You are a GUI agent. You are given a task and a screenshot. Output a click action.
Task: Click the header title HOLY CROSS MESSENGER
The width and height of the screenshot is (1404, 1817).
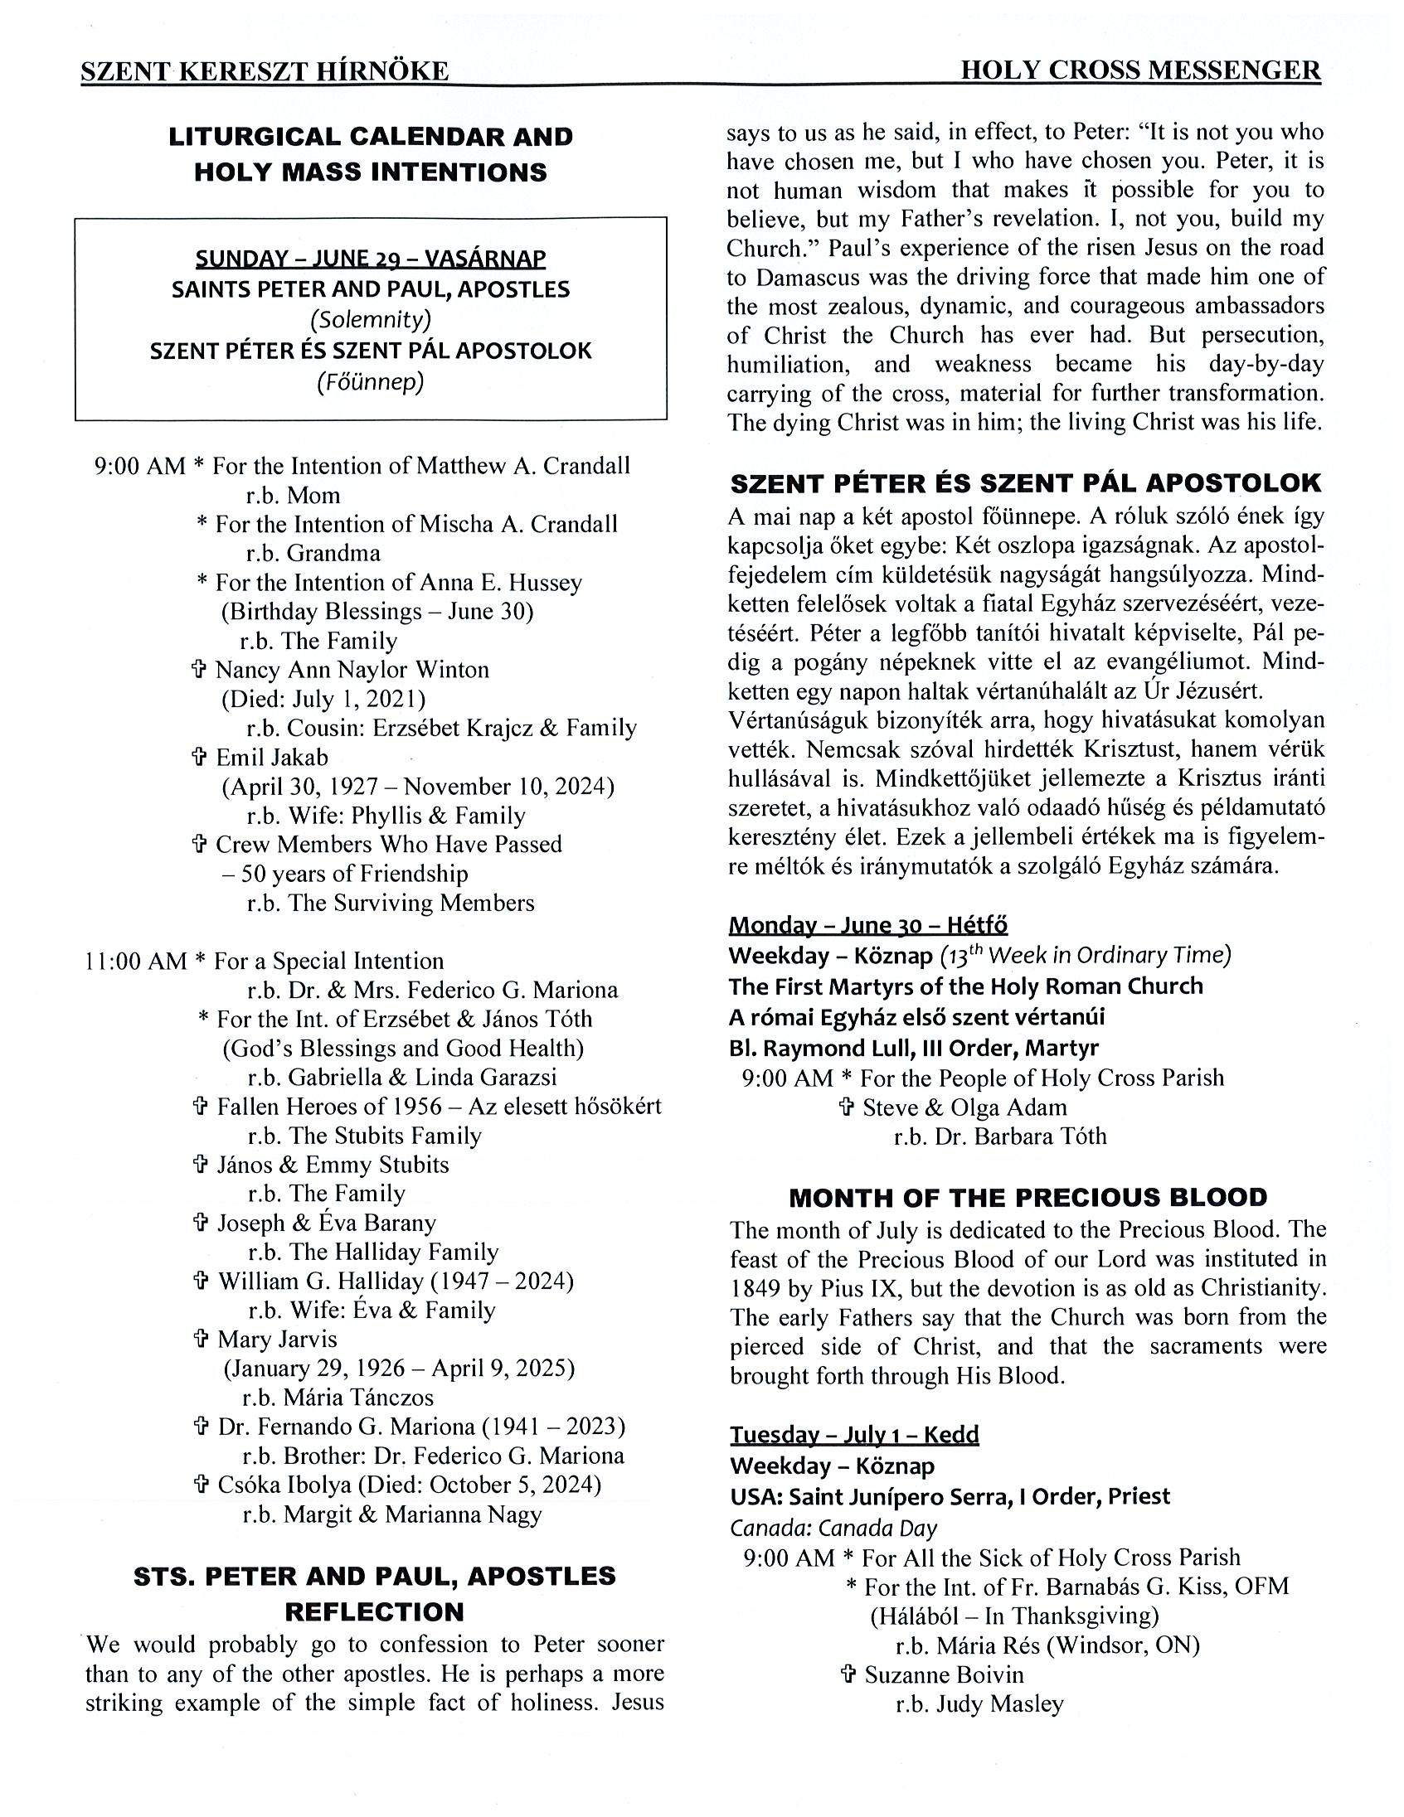pyautogui.click(x=1140, y=70)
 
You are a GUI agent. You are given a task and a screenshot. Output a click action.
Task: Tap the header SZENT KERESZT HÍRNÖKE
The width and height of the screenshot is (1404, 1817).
pyautogui.click(x=265, y=71)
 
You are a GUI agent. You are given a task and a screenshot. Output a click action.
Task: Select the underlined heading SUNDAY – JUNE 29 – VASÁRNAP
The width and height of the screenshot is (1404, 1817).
pyautogui.click(x=371, y=259)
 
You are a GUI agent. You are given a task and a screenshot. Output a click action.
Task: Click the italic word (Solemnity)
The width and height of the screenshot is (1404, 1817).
pyautogui.click(x=371, y=319)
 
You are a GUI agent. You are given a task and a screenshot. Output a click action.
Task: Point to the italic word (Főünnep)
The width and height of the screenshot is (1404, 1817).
pyautogui.click(x=371, y=382)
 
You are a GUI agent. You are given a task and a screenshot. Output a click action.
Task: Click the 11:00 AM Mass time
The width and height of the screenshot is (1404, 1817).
pyautogui.click(x=136, y=962)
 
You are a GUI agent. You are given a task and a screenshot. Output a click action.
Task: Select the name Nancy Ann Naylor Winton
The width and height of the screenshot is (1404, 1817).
pyautogui.click(x=352, y=670)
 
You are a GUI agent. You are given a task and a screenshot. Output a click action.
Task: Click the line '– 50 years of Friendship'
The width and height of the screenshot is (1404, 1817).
pyautogui.click(x=344, y=874)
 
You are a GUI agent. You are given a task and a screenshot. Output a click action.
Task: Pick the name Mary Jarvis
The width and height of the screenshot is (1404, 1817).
pyautogui.click(x=277, y=1340)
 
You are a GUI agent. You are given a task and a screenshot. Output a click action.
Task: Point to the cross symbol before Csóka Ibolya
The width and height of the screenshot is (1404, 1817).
pyautogui.click(x=201, y=1485)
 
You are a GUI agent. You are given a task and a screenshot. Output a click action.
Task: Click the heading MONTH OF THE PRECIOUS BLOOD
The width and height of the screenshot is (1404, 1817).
pyautogui.click(x=1027, y=1198)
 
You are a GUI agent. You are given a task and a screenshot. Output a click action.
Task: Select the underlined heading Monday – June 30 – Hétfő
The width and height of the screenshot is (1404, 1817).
pyautogui.click(x=868, y=925)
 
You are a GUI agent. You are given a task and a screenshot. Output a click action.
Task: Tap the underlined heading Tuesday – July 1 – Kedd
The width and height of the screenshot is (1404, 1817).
pyautogui.click(x=854, y=1434)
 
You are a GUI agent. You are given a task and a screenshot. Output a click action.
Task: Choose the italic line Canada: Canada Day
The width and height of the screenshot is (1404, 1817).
pyautogui.click(x=833, y=1529)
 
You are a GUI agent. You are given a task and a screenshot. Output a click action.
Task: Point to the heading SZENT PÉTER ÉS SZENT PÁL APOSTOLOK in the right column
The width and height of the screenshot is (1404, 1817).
pyautogui.click(x=1025, y=483)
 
